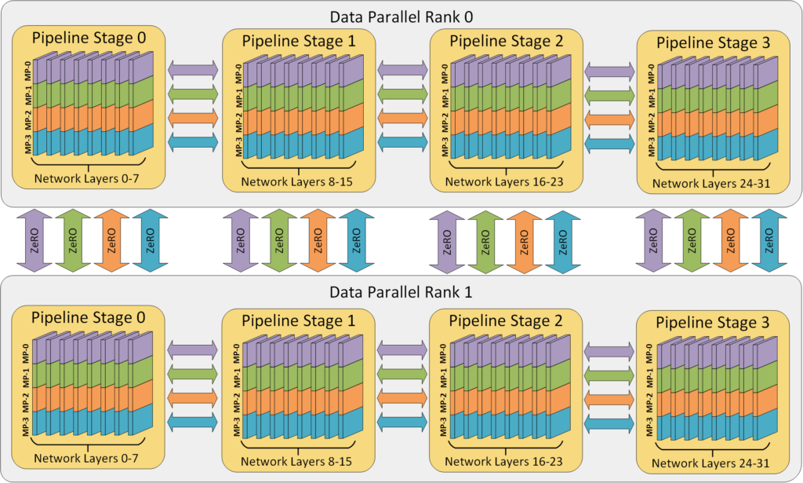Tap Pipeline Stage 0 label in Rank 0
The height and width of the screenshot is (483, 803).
pos(85,38)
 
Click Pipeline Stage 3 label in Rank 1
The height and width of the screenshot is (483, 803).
pos(712,323)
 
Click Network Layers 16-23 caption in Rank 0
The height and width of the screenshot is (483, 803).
pos(504,182)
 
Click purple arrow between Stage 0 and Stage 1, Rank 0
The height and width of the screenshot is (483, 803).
pos(193,69)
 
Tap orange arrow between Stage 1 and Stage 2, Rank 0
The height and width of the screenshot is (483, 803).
pos(403,118)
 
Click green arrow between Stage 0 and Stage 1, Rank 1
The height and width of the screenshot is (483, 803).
pos(193,372)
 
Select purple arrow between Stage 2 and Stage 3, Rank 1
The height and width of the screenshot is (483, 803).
pos(609,348)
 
